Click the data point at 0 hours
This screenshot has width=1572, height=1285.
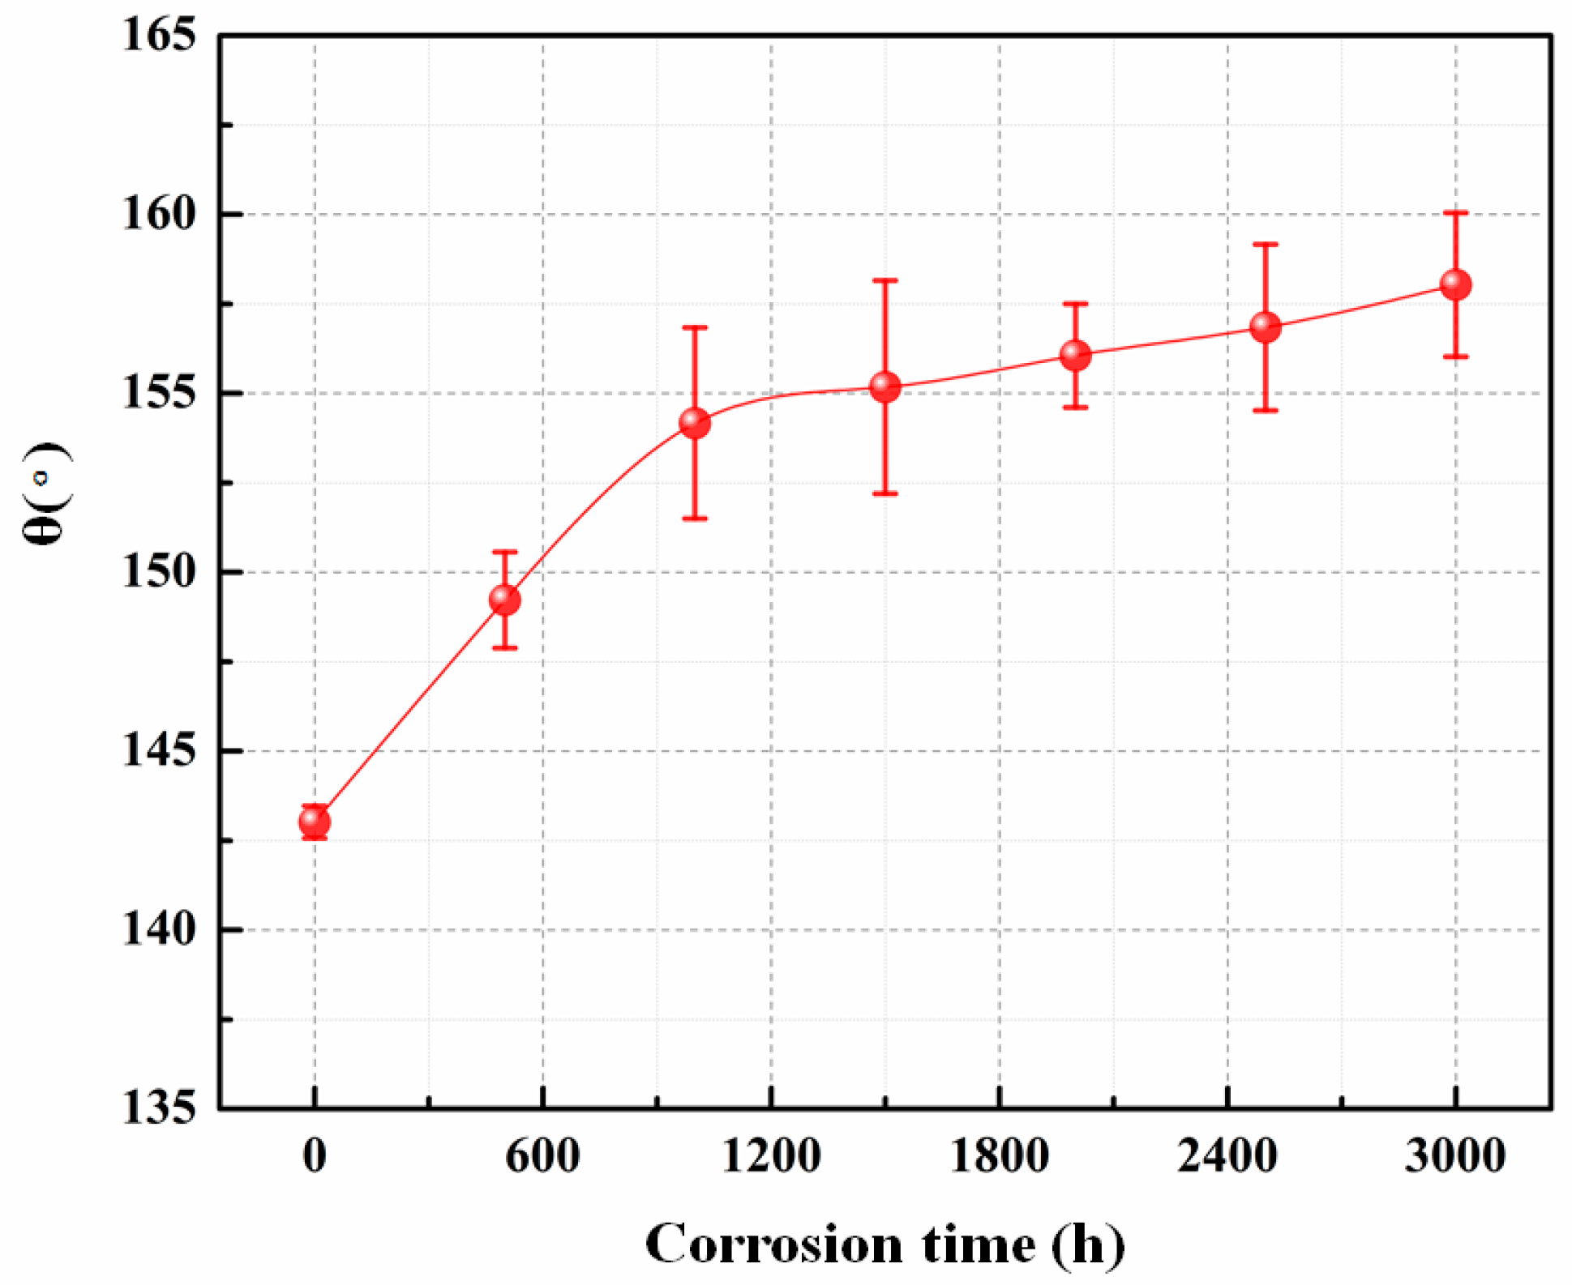[x=315, y=822]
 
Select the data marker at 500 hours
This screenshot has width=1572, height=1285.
[x=504, y=600]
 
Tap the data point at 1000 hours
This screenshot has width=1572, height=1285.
[x=695, y=423]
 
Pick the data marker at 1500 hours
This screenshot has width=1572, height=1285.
[x=885, y=387]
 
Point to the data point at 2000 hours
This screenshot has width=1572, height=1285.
[x=1075, y=355]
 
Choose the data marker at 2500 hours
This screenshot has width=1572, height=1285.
[x=1265, y=327]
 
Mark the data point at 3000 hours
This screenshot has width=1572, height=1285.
[x=1455, y=284]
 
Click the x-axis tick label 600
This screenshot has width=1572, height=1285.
[x=542, y=1156]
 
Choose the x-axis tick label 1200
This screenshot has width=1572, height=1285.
[x=771, y=1156]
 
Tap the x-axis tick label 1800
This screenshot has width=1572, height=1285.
[x=999, y=1156]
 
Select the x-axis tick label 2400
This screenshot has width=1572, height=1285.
[x=1227, y=1156]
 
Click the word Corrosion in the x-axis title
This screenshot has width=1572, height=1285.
[x=773, y=1244]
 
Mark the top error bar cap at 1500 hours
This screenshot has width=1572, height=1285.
[x=885, y=280]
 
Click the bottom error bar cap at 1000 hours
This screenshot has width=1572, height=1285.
[x=695, y=519]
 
